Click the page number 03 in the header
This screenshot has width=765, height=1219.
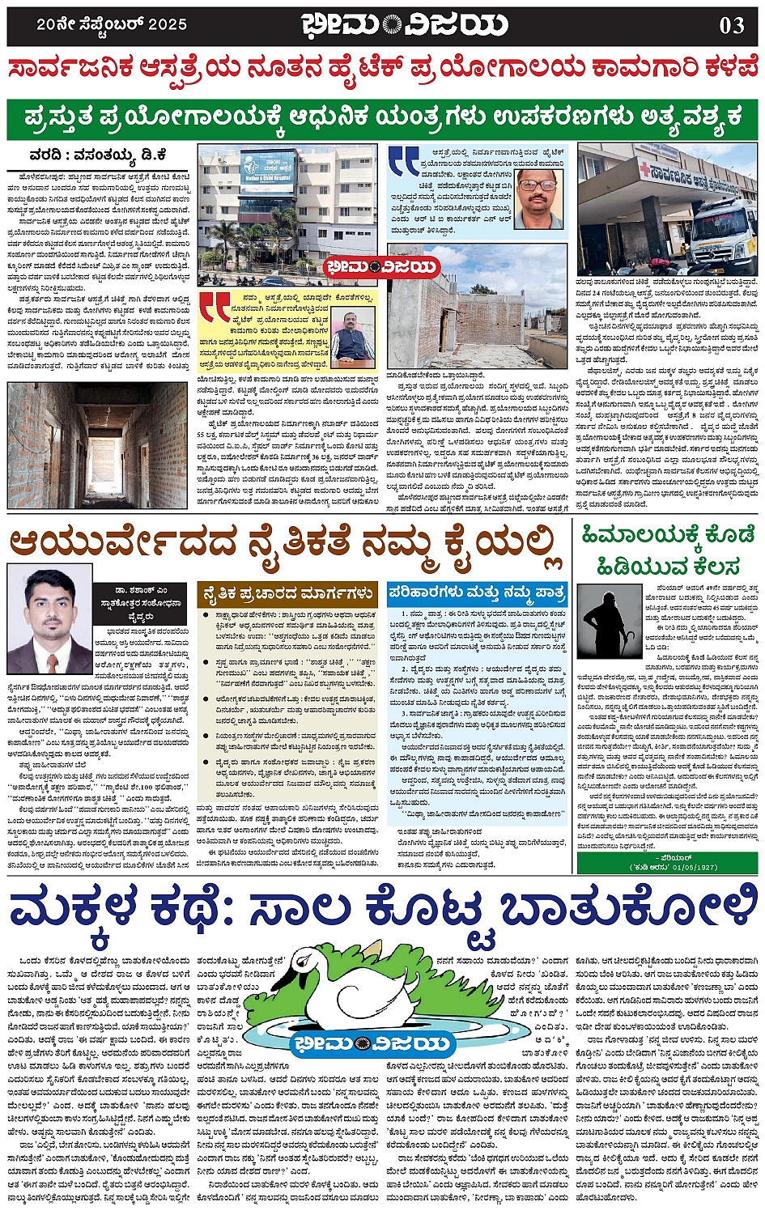click(732, 25)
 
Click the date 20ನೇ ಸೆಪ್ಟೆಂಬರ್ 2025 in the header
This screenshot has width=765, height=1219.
click(112, 24)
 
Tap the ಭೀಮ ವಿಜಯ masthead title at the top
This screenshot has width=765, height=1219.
click(405, 25)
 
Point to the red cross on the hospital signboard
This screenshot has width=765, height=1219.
click(644, 171)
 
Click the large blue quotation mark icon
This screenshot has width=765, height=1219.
click(403, 161)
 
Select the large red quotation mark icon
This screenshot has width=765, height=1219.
click(216, 308)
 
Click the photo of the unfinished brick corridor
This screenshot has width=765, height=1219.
click(97, 445)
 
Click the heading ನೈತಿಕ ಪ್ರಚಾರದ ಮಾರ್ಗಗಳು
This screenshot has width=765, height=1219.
click(287, 594)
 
